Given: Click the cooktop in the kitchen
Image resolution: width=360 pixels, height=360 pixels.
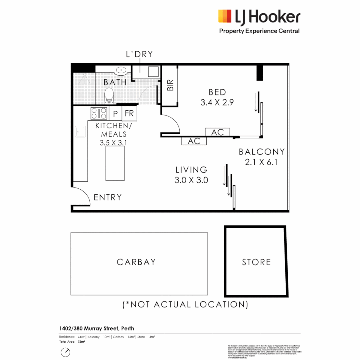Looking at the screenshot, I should coord(99,114).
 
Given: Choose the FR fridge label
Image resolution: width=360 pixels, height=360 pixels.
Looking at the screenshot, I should coord(129,113).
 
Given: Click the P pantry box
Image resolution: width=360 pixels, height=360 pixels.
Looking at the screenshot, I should coord(116,114).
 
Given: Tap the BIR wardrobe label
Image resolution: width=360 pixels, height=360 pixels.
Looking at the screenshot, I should coord(170,86).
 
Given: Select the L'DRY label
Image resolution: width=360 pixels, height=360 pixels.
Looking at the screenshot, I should coord(139,54).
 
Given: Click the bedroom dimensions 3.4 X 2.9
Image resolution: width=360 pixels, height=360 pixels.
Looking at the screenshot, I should coord(217,102).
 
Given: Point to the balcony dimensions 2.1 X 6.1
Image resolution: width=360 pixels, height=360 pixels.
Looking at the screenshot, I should coord(261,163).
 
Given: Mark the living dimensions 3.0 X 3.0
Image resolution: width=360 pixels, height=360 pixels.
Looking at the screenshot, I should coord(191,180).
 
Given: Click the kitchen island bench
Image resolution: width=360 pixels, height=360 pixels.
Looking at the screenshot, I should coord(115,163).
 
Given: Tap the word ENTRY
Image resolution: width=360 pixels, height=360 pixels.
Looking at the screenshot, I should coord(108,197).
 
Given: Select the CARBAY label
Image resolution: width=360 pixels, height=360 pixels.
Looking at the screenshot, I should coord(136,262).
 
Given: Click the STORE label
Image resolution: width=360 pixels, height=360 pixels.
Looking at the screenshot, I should coord(256,262).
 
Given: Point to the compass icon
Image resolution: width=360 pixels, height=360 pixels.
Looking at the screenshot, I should coord(65,352).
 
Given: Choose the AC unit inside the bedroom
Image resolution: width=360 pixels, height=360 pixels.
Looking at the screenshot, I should coord(218,132).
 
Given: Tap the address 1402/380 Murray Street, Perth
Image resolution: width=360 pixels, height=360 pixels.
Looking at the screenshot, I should coord(97,328).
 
